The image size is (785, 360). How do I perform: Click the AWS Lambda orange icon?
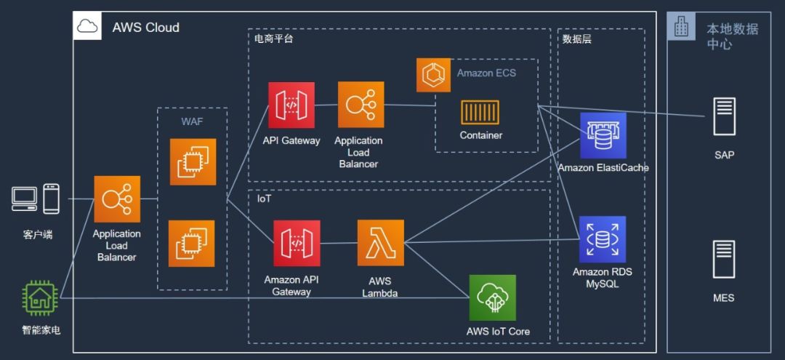click(380, 243)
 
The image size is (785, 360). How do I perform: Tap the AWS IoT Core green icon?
click(492, 297)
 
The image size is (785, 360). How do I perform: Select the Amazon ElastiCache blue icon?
click(603, 135)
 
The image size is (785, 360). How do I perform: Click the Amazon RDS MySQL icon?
click(602, 239)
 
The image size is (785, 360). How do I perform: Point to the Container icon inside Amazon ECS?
click(480, 112)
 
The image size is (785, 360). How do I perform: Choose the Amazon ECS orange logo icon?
click(433, 75)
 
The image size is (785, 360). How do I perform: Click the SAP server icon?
click(724, 116)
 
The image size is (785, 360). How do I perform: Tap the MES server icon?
click(724, 260)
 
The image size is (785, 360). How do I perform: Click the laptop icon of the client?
click(25, 199)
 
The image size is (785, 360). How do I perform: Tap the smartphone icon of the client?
click(51, 199)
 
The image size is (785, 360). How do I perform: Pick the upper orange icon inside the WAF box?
click(193, 161)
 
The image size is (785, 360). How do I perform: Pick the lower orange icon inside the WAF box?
click(192, 244)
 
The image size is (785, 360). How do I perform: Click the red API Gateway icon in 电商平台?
click(291, 105)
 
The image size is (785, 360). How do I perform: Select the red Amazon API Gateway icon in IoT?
click(297, 243)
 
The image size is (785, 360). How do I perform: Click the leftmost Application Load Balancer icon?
click(117, 199)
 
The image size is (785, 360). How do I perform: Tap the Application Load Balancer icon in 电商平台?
click(361, 105)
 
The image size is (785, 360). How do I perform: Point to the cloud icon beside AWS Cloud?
click(87, 27)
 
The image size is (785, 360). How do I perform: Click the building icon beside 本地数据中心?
click(681, 27)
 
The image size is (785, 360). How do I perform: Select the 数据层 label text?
click(576, 39)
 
